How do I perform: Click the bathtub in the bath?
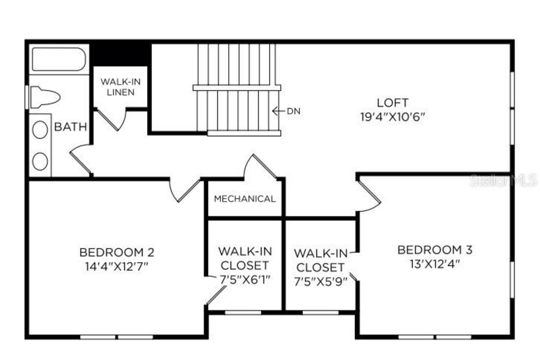tap(59, 60)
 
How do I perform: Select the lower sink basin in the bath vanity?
tap(40, 161)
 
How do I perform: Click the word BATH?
tap(70, 127)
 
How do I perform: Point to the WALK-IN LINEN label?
tap(120, 87)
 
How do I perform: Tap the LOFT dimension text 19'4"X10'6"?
tap(392, 117)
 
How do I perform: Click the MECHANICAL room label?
tap(245, 199)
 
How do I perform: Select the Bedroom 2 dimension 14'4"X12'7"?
tap(117, 266)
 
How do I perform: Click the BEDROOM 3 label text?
tap(435, 250)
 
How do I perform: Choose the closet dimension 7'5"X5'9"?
tap(321, 281)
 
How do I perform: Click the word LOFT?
tap(392, 103)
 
